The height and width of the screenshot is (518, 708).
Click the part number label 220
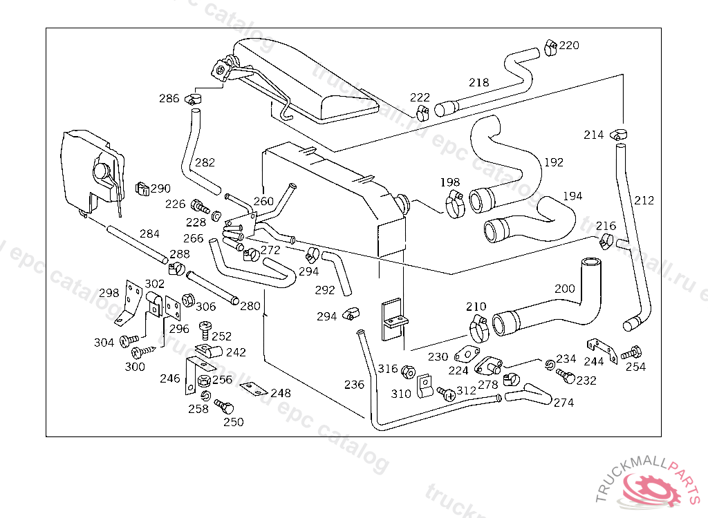(x=569, y=46)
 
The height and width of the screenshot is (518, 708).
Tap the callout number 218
(x=478, y=82)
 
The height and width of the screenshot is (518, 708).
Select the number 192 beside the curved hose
(x=554, y=163)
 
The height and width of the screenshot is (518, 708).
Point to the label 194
(x=572, y=196)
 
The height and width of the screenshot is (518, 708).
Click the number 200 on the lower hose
(x=564, y=289)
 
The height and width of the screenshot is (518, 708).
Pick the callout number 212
(x=644, y=201)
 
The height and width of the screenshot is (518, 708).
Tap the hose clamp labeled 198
(x=455, y=204)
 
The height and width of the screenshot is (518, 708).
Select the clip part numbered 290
(x=142, y=188)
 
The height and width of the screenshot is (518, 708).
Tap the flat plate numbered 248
(x=252, y=390)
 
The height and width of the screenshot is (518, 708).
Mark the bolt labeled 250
(x=223, y=406)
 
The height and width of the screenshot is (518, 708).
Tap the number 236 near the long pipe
(x=354, y=385)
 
